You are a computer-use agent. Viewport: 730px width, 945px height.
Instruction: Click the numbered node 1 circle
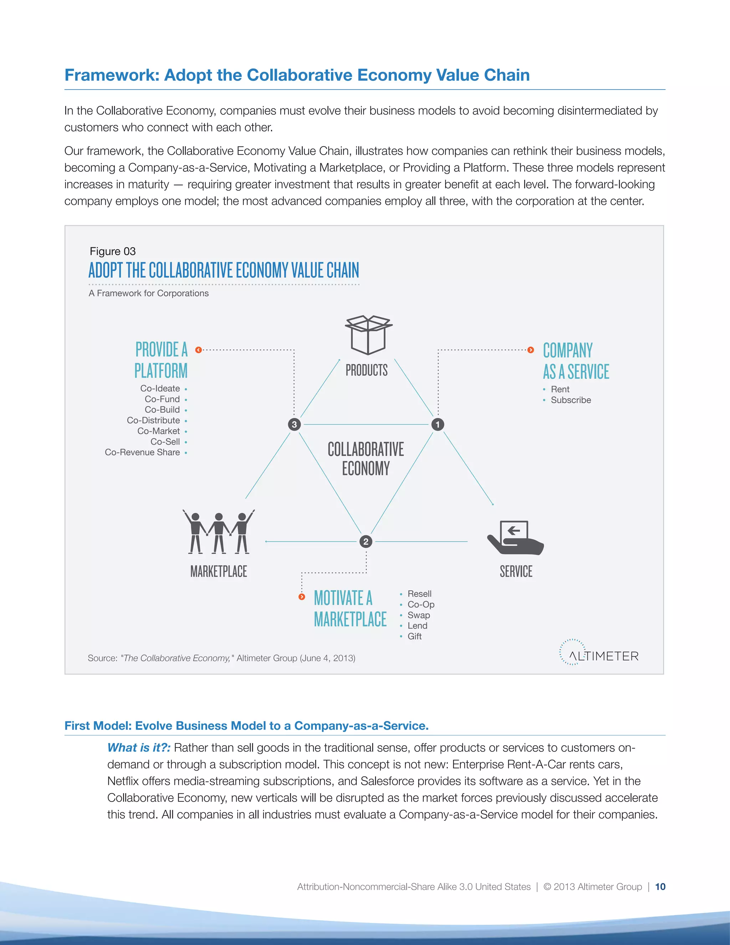point(438,424)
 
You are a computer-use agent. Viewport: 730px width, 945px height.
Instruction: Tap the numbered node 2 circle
point(366,541)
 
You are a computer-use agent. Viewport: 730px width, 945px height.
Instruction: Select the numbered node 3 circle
point(294,424)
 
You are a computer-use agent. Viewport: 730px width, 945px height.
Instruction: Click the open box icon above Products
point(369,335)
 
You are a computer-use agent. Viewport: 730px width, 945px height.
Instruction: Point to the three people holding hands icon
point(219,532)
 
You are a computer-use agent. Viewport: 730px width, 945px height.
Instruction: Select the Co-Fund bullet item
point(162,399)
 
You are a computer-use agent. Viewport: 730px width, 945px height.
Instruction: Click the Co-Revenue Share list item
point(142,452)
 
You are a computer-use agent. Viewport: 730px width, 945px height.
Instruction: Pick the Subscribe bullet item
point(570,400)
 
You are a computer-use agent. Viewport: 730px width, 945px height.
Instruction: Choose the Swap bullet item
point(418,615)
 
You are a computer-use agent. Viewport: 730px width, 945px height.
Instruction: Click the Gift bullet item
point(414,636)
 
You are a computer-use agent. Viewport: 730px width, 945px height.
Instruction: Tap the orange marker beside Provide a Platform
point(199,349)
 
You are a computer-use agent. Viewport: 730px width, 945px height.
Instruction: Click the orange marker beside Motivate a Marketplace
point(302,597)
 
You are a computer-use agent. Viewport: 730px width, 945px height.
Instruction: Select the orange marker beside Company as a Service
point(531,349)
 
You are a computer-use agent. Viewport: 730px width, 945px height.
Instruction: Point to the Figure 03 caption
point(112,251)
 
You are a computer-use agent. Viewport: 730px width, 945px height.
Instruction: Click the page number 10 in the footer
point(660,887)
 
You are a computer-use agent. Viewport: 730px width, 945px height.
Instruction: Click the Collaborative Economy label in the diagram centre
point(366,459)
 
